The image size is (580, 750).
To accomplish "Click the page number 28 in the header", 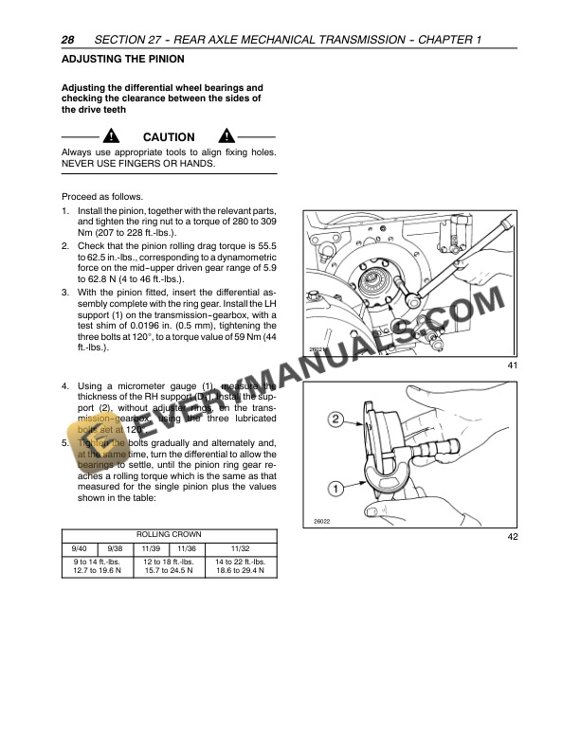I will (67, 41).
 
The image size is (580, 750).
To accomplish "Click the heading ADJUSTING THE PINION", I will (116, 59).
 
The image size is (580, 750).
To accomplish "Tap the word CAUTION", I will (169, 137).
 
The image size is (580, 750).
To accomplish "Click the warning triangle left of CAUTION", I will (113, 136).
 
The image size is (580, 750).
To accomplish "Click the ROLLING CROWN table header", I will (170, 534).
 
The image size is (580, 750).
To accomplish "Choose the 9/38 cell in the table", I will (115, 548).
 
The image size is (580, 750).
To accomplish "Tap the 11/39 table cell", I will (151, 548).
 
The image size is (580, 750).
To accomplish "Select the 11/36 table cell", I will (186, 548).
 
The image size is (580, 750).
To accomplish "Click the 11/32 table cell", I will (241, 548).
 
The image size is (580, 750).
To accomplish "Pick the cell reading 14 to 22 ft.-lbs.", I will (241, 567).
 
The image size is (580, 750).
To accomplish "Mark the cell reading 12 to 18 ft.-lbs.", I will (168, 567).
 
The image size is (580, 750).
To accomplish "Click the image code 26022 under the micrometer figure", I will (321, 522).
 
